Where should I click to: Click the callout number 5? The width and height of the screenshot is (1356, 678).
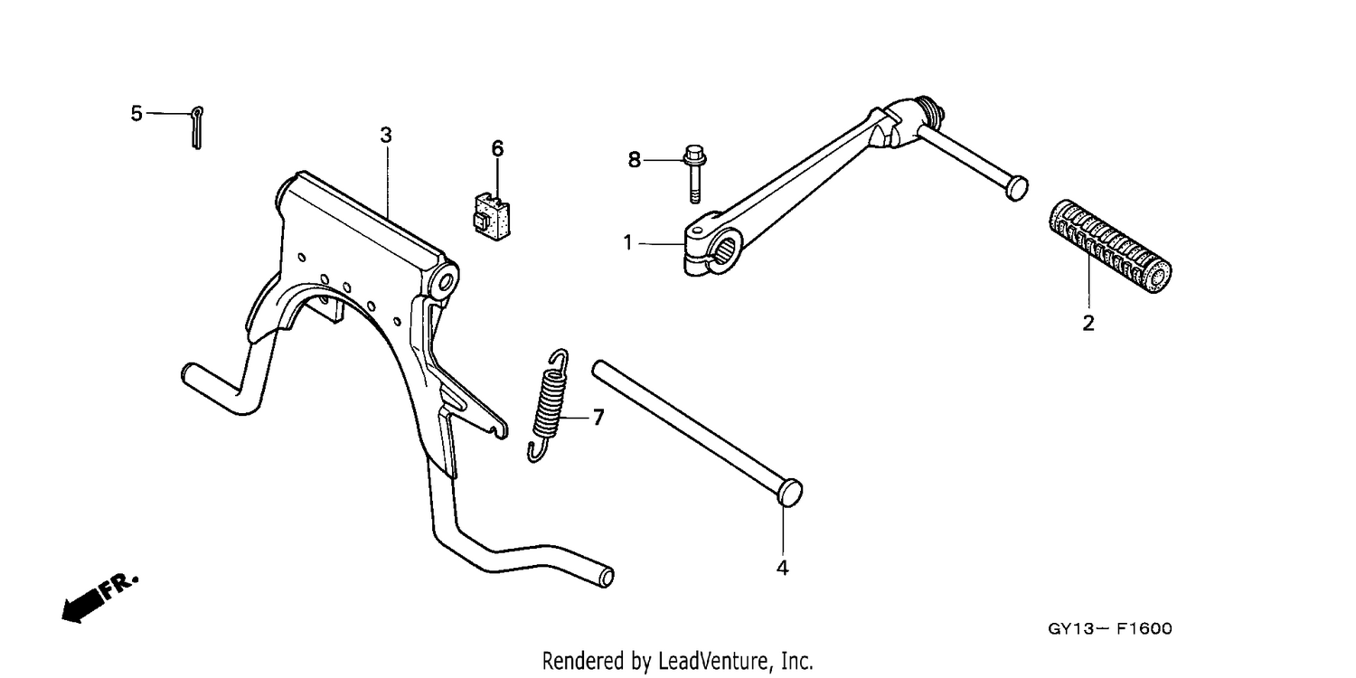137,113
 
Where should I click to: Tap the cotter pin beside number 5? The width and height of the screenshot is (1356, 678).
196,127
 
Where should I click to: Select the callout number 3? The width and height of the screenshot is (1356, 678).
386,135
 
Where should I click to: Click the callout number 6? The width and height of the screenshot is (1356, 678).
497,148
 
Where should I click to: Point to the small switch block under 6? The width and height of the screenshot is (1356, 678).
492,217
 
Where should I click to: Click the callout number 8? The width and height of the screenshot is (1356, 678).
634,160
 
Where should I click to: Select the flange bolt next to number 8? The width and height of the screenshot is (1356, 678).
694,174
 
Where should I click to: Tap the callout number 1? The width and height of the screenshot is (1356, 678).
627,243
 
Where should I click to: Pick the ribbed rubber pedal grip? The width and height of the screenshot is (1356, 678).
1110,247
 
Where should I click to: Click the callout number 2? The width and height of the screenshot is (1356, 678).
1088,324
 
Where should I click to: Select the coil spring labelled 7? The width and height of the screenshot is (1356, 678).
550,406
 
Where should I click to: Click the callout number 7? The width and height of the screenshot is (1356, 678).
598,417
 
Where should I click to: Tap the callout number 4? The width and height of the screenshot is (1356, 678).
782,568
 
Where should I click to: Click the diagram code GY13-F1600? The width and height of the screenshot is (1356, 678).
1110,629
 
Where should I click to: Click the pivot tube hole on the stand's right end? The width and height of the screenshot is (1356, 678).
447,281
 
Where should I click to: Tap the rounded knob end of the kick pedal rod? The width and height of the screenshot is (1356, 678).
1016,188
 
